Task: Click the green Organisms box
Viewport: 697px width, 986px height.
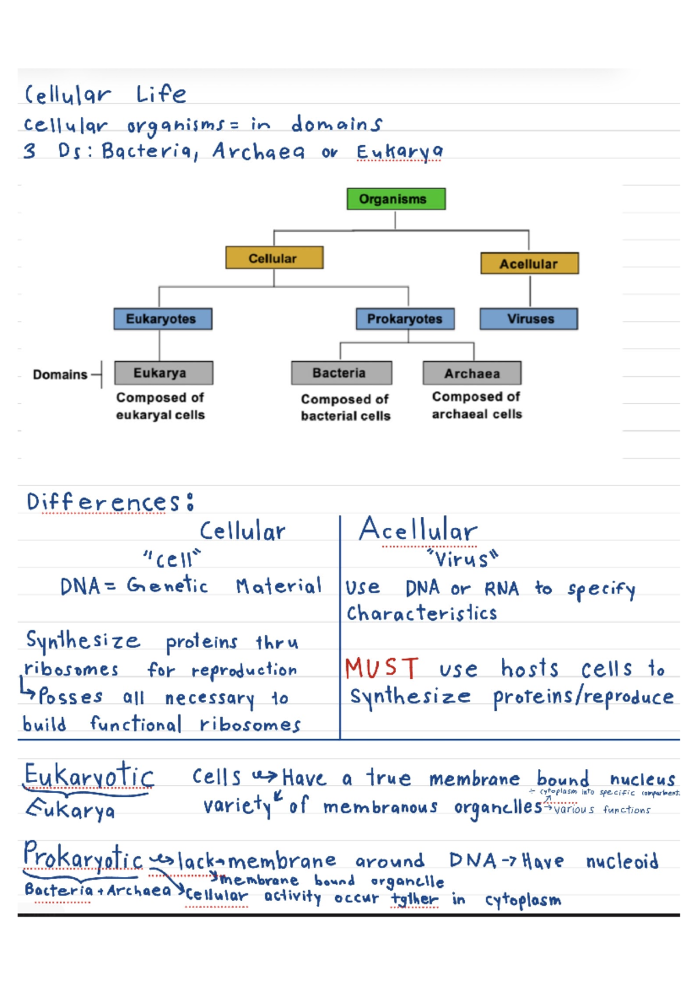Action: (x=396, y=199)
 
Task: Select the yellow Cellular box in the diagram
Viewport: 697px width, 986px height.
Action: (x=274, y=258)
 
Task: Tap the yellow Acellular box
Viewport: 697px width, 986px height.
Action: (x=529, y=264)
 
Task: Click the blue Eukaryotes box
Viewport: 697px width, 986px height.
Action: (x=163, y=319)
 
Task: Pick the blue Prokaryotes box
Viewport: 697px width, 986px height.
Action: (x=405, y=319)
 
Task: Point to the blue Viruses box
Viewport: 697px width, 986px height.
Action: (x=529, y=319)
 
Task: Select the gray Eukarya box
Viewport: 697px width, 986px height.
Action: (x=163, y=373)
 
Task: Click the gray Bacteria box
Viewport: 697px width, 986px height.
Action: (x=341, y=373)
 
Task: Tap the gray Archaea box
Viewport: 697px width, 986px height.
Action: (x=472, y=373)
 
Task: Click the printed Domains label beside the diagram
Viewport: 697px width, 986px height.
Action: (x=60, y=375)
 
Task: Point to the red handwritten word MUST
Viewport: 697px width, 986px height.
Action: (x=381, y=668)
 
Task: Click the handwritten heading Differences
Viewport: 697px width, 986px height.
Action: (x=105, y=502)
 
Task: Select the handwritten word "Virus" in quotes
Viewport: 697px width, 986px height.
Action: (x=462, y=559)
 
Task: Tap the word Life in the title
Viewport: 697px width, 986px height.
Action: (x=161, y=94)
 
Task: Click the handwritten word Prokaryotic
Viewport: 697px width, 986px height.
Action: (x=83, y=857)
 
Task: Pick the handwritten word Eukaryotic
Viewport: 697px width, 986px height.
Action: (x=89, y=776)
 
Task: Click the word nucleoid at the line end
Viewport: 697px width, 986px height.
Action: (x=621, y=861)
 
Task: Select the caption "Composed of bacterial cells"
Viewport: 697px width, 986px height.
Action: (x=345, y=407)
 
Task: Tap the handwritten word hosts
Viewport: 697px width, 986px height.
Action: (x=529, y=668)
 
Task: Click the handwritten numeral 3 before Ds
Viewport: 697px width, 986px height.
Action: (x=30, y=151)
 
